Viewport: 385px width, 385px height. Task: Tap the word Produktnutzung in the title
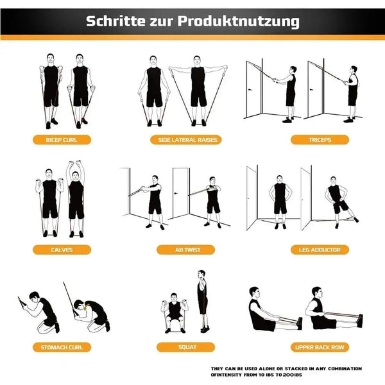[244, 21]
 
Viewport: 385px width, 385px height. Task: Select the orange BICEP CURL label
[62, 139]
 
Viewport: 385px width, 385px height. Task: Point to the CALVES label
[62, 250]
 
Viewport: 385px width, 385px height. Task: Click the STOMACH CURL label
[62, 347]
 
